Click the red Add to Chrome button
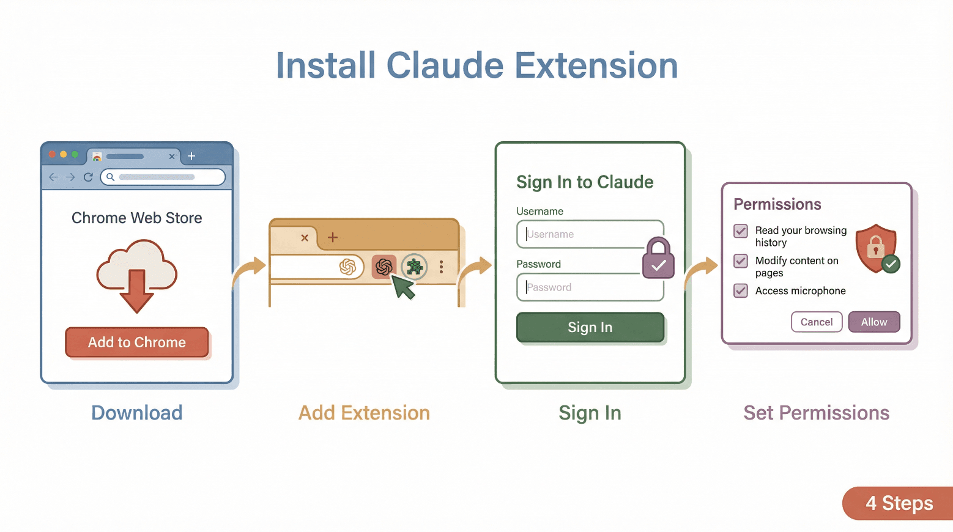tap(136, 342)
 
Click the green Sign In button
tap(590, 327)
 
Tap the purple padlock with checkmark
tap(658, 259)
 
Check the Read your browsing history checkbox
tap(741, 231)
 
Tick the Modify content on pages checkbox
tap(741, 261)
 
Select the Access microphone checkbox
tap(741, 290)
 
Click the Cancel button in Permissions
tap(816, 322)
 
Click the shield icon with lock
tap(877, 248)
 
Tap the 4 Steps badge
tap(899, 503)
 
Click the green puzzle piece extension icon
tap(414, 267)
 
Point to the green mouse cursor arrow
tap(402, 286)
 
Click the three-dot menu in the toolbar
tap(441, 267)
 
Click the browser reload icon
tap(88, 177)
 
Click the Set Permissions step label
tap(816, 413)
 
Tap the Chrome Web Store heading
tap(136, 218)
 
